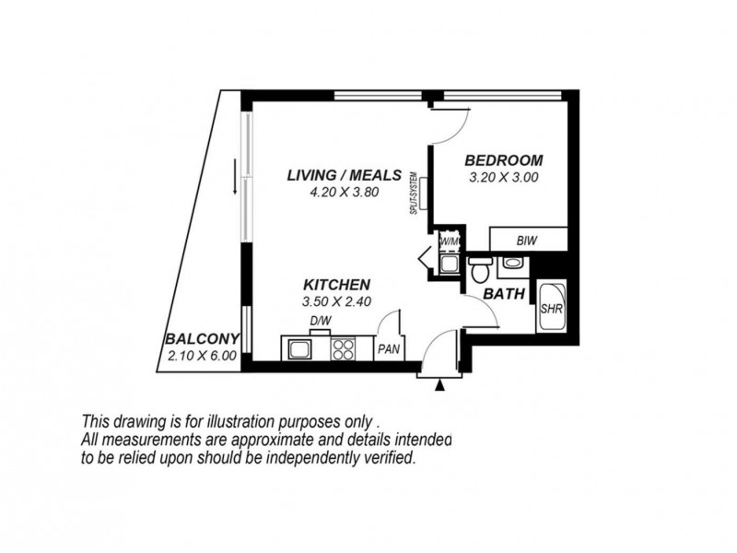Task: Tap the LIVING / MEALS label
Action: (x=343, y=175)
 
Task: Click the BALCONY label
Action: (x=203, y=338)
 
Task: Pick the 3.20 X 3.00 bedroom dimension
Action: (x=503, y=177)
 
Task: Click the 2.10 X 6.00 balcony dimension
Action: (x=203, y=356)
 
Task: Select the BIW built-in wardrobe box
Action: (x=526, y=240)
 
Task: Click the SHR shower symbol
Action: (x=552, y=309)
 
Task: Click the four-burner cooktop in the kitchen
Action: (x=344, y=349)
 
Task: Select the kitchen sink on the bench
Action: (x=299, y=349)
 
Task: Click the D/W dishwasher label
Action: (x=320, y=321)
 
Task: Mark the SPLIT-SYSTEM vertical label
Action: (x=415, y=194)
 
